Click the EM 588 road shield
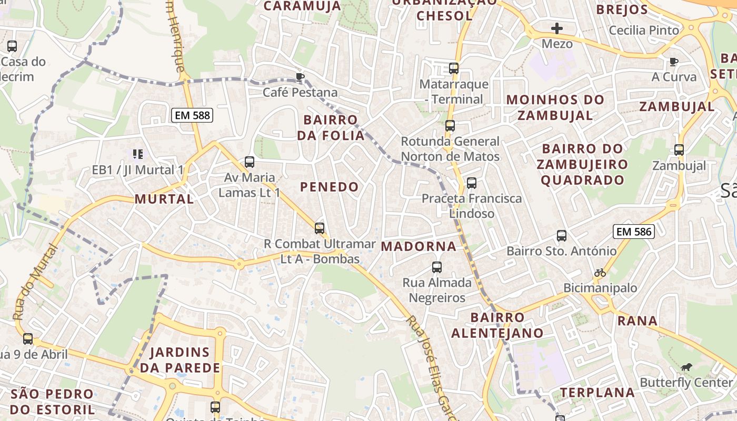tap(192, 115)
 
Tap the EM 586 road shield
tap(634, 231)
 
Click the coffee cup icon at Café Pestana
tap(300, 77)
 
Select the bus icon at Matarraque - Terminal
tap(453, 68)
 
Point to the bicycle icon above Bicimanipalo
tap(600, 273)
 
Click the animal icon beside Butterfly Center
tap(686, 367)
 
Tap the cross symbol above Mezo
tap(556, 28)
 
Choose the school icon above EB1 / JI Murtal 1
tap(137, 154)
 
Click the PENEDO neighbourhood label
tap(329, 187)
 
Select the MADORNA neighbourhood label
tap(419, 246)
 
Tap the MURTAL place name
tap(164, 199)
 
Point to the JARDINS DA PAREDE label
tap(180, 360)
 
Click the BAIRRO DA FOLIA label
tap(331, 127)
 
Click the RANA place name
tap(638, 320)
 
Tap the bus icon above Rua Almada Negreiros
tap(437, 267)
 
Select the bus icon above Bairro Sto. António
tap(562, 236)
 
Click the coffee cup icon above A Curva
tap(673, 62)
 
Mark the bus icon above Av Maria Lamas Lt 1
tap(250, 162)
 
